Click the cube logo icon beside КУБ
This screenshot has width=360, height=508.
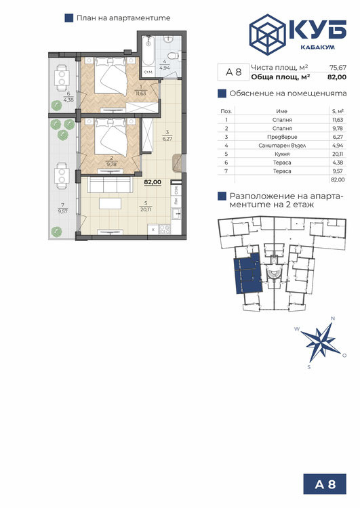[267, 35]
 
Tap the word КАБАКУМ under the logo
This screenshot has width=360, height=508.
[317, 47]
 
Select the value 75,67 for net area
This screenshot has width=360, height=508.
[338, 68]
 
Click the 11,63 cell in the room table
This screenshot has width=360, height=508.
[338, 120]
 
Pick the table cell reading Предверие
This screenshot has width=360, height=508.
[282, 137]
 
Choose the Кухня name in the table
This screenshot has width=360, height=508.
[282, 154]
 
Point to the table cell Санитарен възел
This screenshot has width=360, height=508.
[282, 146]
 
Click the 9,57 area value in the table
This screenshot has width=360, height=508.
[338, 171]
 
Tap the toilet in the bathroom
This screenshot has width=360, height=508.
[175, 56]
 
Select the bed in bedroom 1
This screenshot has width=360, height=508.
[110, 77]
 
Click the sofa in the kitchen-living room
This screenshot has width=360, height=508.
[111, 184]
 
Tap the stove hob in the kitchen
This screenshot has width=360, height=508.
[165, 230]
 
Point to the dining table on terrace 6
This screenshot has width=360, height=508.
[62, 78]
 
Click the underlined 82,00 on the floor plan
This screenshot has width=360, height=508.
[153, 182]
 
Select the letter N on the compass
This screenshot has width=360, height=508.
[332, 318]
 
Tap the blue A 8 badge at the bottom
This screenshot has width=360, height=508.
[325, 484]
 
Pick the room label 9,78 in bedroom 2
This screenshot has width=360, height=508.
[111, 164]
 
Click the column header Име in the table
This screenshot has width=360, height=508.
[282, 111]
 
